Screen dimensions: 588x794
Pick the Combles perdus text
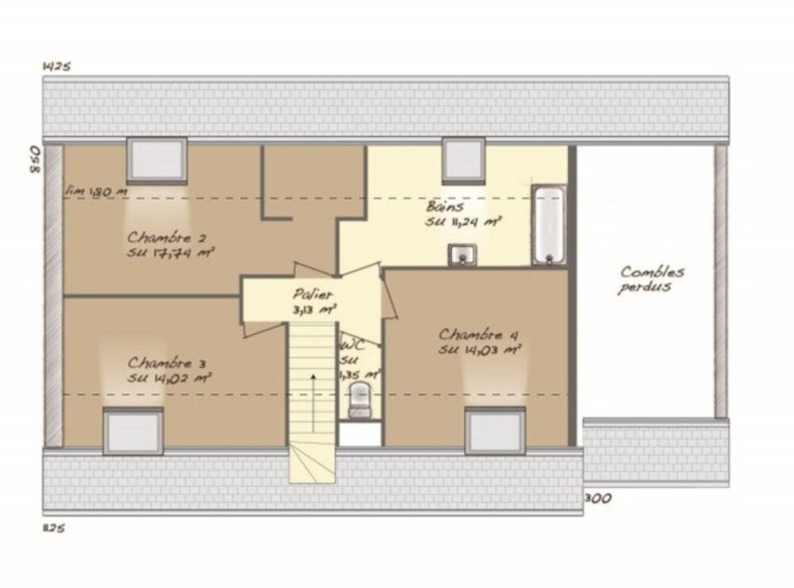coord(651,279)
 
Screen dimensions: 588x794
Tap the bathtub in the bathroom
coord(549,225)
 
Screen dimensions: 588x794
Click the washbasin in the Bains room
coord(462,255)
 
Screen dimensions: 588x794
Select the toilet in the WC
coord(360,400)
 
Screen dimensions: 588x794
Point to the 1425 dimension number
coord(56,67)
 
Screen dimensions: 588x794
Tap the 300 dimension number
coord(598,499)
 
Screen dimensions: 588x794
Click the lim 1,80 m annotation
coord(98,191)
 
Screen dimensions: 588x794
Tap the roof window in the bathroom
coord(464,160)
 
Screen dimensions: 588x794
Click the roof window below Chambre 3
coord(133,430)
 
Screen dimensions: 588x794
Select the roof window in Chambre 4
coord(495,430)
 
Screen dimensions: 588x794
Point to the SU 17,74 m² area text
coord(172,253)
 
